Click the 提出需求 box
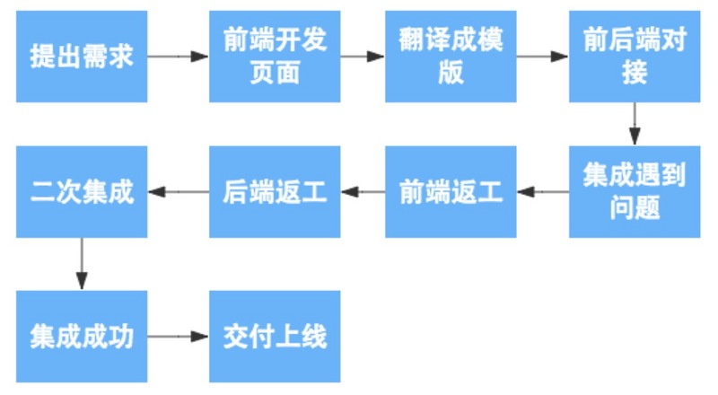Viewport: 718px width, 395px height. click(82, 56)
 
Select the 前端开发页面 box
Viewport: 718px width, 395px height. click(275, 56)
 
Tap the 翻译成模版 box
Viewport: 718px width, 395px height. click(451, 56)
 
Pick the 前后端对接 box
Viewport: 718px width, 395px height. click(635, 56)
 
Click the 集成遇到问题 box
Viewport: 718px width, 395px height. click(635, 191)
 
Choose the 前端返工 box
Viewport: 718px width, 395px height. click(451, 192)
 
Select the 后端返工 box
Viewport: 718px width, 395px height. click(275, 192)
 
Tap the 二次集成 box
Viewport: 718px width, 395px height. click(82, 192)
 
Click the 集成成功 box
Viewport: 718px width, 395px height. click(82, 337)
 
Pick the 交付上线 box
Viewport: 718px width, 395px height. click(275, 337)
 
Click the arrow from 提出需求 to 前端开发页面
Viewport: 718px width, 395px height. click(178, 56)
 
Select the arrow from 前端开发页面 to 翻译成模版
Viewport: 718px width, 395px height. click(363, 56)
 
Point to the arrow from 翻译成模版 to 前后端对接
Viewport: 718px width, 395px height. click(542, 56)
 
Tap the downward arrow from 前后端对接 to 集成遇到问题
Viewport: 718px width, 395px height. click(635, 123)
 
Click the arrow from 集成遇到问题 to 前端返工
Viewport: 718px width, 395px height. click(543, 192)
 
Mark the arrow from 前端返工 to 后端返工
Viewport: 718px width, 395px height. click(363, 192)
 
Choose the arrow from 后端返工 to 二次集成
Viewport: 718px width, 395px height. click(179, 192)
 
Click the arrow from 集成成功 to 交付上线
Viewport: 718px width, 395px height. click(178, 337)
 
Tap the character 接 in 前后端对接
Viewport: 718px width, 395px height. click(635, 72)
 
